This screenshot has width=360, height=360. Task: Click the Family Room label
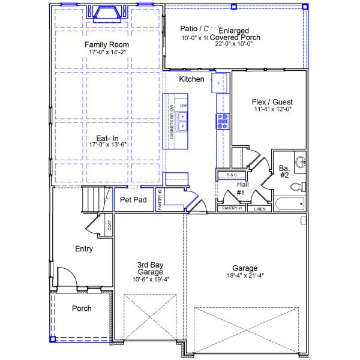(x=107, y=45)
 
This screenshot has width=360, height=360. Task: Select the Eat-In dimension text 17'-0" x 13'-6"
(x=107, y=145)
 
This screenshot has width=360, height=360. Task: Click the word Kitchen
(x=192, y=79)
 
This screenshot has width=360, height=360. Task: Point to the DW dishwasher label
(x=184, y=106)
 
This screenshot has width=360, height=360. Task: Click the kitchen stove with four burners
(x=223, y=122)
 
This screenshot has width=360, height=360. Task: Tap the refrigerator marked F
(x=219, y=83)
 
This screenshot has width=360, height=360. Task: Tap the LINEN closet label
(x=259, y=209)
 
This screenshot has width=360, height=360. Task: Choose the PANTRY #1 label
(x=231, y=208)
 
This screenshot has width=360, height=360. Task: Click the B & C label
(x=231, y=175)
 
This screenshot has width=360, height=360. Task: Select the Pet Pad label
(x=133, y=200)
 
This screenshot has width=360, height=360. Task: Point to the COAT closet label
(x=109, y=225)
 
